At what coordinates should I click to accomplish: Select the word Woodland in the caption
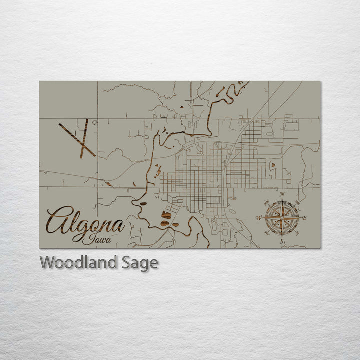coord(78,262)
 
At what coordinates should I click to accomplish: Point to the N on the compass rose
coord(282,194)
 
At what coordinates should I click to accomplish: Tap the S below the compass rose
coord(282,242)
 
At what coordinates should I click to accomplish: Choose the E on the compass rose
coord(305,218)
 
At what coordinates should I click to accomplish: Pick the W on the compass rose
coord(258,218)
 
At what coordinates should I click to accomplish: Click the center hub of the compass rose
coord(282,218)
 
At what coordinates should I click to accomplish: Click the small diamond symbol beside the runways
coord(95,122)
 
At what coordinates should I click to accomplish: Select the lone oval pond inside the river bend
coord(143,203)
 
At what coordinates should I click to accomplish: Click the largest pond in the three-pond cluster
coord(165,216)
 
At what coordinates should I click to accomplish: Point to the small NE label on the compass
coord(298,202)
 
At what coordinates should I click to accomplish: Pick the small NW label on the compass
coord(266,202)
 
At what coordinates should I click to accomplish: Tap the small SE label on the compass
coord(298,234)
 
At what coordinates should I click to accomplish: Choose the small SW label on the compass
coord(266,234)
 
